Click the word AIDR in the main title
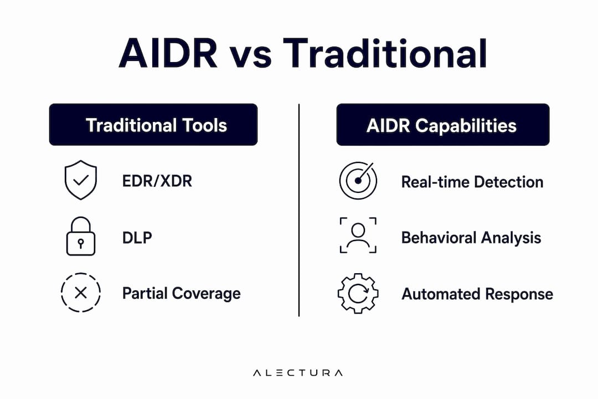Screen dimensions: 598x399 coord(168,53)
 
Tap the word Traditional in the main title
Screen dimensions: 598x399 coord(385,53)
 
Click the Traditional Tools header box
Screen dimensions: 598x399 coord(153,125)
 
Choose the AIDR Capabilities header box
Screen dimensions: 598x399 coord(443,125)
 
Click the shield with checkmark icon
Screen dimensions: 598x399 coord(81,180)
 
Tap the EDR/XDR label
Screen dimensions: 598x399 coord(157,181)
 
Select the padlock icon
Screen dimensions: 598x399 coord(81,236)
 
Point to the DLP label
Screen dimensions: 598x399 coord(137,238)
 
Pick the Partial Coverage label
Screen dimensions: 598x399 coord(182,294)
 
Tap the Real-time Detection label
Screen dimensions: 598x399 coord(472,182)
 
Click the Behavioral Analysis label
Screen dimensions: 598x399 coord(471,238)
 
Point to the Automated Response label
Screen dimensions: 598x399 coord(477,294)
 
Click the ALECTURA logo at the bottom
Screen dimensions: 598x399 coord(298,372)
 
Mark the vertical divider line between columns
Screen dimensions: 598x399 coord(299,210)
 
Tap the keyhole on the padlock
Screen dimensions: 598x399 coord(80,244)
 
